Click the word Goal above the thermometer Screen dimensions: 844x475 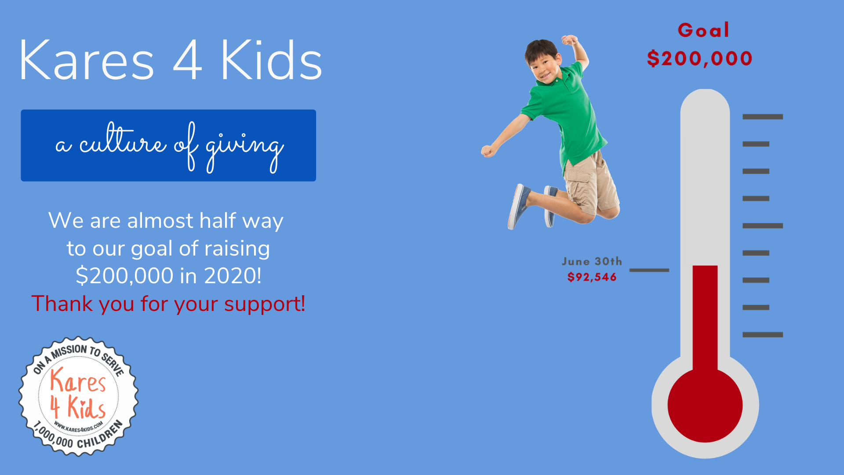point(703,30)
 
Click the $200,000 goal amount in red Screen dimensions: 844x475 point(700,58)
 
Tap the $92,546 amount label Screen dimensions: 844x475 point(592,277)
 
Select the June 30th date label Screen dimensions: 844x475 point(592,261)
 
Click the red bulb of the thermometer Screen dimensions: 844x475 point(705,405)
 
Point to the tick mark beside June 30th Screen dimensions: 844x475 point(649,270)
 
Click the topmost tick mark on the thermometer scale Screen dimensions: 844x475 point(763,117)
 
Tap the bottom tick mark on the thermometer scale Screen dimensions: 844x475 point(763,335)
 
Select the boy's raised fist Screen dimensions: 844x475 point(570,40)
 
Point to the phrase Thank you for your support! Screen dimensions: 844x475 point(168,303)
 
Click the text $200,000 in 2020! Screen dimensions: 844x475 point(168,276)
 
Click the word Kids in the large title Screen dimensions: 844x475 point(271,60)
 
